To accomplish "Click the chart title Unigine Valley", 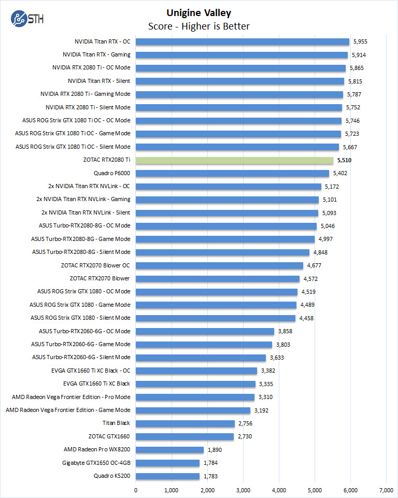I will pyautogui.click(x=199, y=13).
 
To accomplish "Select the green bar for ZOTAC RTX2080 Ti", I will pyautogui.click(x=234, y=160).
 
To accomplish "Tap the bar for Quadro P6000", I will pyautogui.click(x=232, y=173).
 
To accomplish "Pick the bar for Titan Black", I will pyautogui.click(x=185, y=423).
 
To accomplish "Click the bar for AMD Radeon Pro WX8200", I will pyautogui.click(x=169, y=450).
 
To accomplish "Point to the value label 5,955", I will pyautogui.click(x=360, y=41).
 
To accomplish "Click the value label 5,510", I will pyautogui.click(x=345, y=160).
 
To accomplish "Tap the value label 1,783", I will pyautogui.click(x=211, y=476).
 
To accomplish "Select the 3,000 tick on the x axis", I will pyautogui.click(x=243, y=490).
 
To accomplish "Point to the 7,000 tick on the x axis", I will pyautogui.click(x=386, y=490).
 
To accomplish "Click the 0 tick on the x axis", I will pyautogui.click(x=136, y=490).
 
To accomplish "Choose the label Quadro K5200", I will pyautogui.click(x=112, y=476).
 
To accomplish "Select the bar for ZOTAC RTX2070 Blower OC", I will pyautogui.click(x=219, y=265).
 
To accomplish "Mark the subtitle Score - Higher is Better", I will pyautogui.click(x=199, y=26).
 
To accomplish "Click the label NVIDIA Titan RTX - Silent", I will pyautogui.click(x=98, y=81).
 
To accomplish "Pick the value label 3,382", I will pyautogui.click(x=269, y=371).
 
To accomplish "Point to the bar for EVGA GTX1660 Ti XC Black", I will pyautogui.click(x=195, y=384).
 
